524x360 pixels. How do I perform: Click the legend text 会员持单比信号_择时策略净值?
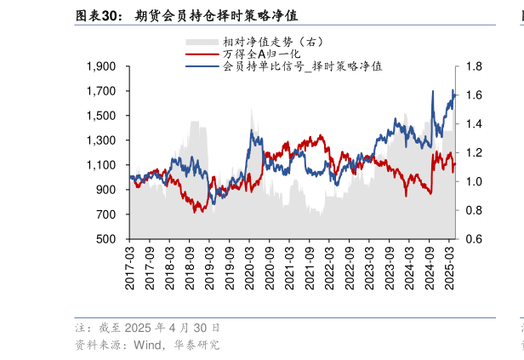tap(302, 66)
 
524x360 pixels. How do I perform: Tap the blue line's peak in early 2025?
tap(453, 90)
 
